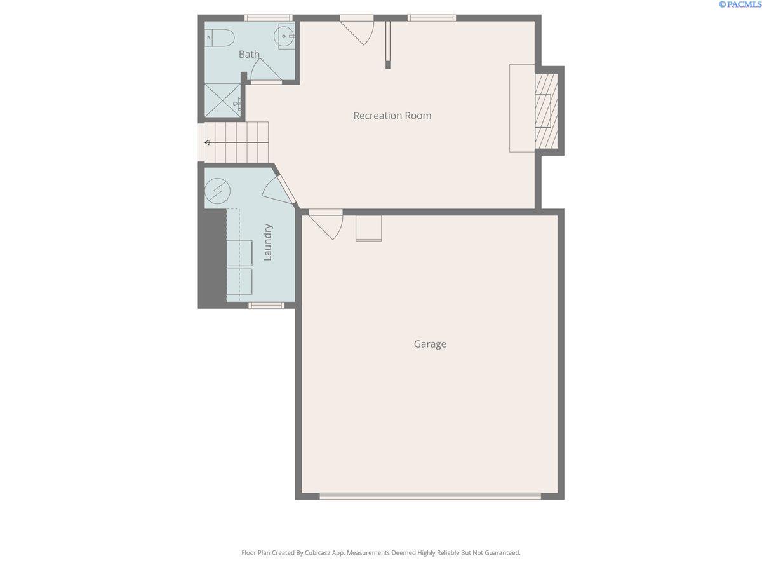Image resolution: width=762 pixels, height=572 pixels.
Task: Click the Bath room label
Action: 249,54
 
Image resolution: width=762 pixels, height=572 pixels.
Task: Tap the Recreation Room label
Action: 392,116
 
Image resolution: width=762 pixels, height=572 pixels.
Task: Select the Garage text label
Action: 430,344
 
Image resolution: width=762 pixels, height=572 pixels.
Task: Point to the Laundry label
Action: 267,242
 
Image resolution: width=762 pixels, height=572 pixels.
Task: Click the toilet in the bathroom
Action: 220,38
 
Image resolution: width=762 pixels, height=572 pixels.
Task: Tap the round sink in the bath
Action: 284,36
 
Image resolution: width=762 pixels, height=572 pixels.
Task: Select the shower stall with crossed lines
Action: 222,100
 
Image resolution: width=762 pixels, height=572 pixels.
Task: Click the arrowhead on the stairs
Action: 207,142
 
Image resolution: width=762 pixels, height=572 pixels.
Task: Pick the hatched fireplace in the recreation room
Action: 546,110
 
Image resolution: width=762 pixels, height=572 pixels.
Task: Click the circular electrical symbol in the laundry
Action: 217,191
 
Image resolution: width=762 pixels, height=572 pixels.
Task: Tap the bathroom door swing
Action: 266,70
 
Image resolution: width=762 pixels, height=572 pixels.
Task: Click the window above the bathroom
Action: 269,18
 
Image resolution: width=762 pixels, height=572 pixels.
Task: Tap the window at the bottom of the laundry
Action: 266,305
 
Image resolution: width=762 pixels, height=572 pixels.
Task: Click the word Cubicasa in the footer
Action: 317,552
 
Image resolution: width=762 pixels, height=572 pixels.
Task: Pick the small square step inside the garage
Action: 369,228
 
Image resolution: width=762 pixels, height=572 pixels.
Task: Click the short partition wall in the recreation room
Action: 388,45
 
